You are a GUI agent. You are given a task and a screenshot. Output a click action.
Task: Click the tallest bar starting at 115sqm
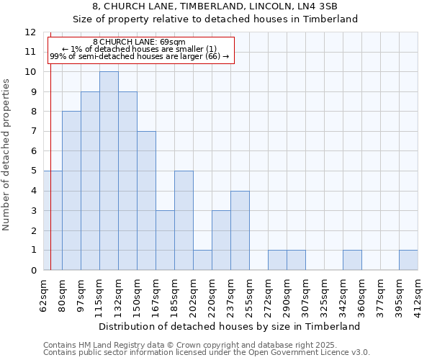tap(109, 171)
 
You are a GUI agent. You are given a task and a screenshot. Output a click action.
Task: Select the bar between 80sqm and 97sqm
tap(71, 191)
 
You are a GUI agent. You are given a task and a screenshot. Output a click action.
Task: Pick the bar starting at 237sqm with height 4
tap(240, 230)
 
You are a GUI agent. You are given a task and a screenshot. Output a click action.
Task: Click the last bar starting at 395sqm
tap(408, 260)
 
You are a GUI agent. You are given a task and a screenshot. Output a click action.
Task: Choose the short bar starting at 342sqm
tap(352, 260)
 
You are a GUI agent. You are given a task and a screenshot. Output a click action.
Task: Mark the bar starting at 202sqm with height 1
tap(202, 260)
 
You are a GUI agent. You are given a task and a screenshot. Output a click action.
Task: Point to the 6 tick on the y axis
tap(32, 151)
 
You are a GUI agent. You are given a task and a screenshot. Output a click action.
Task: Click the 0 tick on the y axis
tap(32, 270)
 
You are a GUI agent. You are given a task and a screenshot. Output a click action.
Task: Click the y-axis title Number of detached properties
tap(7, 155)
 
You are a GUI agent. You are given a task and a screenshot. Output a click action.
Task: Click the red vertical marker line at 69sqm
tap(50, 216)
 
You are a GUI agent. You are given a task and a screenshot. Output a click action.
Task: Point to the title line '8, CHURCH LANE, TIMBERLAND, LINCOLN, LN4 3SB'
tap(215, 6)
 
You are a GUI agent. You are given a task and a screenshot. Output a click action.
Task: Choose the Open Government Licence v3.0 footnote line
tap(206, 353)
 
